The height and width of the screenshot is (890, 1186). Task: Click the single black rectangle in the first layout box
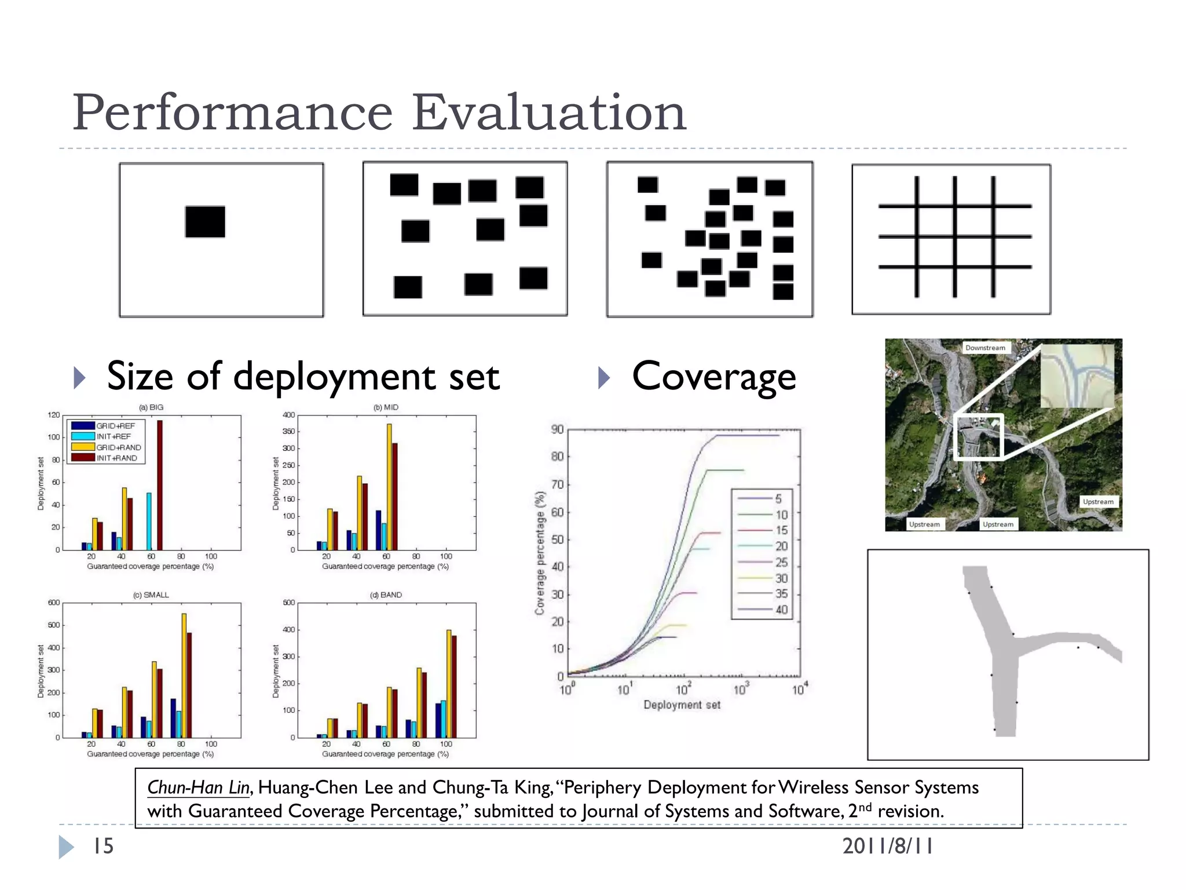click(x=205, y=222)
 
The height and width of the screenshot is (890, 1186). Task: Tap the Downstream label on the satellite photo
click(x=985, y=348)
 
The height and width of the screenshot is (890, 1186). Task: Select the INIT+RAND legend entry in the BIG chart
click(x=116, y=458)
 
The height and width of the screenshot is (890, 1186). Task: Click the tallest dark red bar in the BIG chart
click(x=160, y=484)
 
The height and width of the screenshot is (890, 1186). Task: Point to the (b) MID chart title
click(x=386, y=407)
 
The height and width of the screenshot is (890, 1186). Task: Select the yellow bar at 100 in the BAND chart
click(x=449, y=684)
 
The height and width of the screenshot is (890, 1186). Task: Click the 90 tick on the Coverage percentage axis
click(x=557, y=429)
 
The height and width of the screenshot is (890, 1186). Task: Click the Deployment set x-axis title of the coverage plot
click(x=682, y=705)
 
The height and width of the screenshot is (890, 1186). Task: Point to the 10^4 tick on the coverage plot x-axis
click(x=799, y=690)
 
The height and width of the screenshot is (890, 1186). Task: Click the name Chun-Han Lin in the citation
click(x=198, y=787)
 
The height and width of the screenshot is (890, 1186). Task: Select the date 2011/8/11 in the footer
click(x=887, y=847)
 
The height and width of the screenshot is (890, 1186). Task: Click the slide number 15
click(x=104, y=847)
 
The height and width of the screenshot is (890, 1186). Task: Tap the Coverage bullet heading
click(x=713, y=377)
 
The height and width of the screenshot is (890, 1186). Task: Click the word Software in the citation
click(x=805, y=811)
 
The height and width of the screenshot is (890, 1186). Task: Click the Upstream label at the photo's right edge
click(x=1098, y=502)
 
